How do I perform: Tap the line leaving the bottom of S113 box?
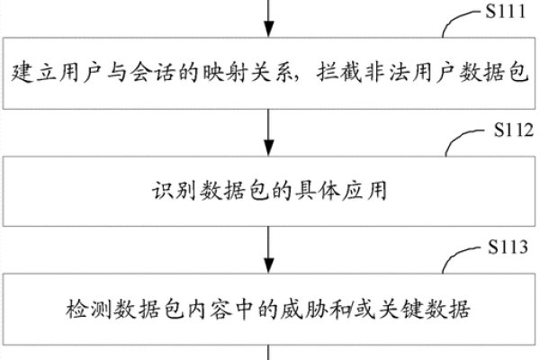tap(269, 353)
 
